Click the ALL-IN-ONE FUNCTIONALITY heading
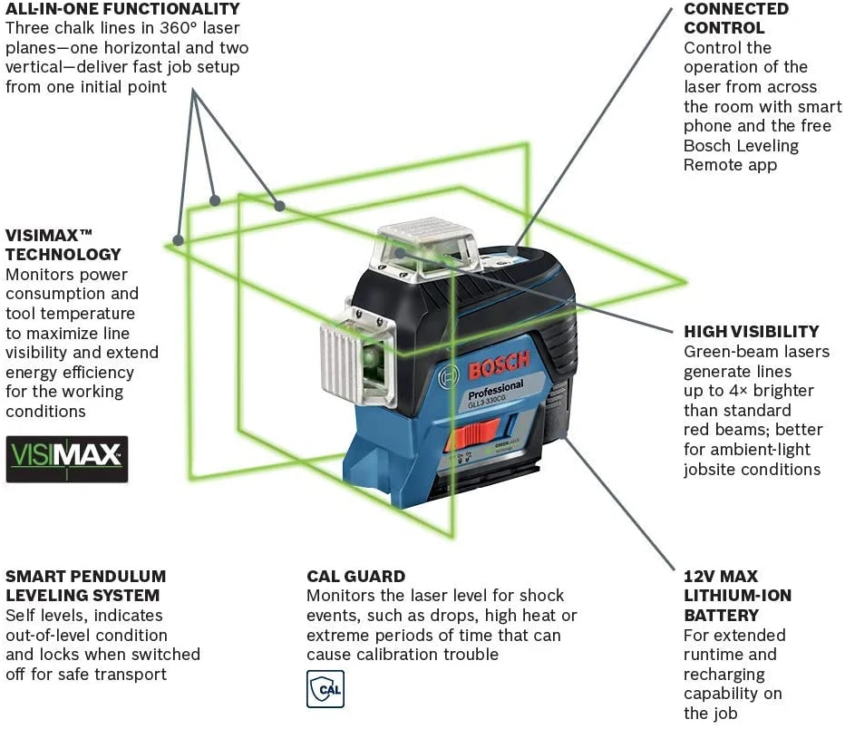pos(123,9)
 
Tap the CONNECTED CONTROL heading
pos(736,18)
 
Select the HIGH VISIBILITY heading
pos(751,332)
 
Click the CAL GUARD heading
pos(355,576)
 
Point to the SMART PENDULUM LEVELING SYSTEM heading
pos(86,586)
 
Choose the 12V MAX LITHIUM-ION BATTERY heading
pos(737,596)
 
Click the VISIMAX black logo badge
pos(67,459)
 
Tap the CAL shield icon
pos(325,689)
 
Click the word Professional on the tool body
pos(496,390)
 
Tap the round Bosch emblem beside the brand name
pos(447,377)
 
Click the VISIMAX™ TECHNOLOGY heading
pos(63,244)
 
